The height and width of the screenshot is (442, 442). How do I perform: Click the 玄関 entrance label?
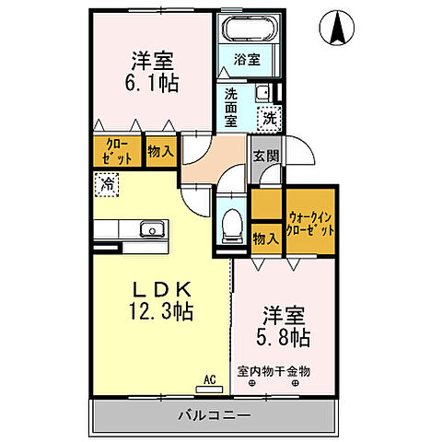[265, 155]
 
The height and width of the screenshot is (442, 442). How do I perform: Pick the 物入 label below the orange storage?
[265, 238]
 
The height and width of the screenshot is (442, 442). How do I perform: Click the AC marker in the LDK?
[208, 377]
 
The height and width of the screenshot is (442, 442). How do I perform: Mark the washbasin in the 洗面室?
[262, 92]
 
